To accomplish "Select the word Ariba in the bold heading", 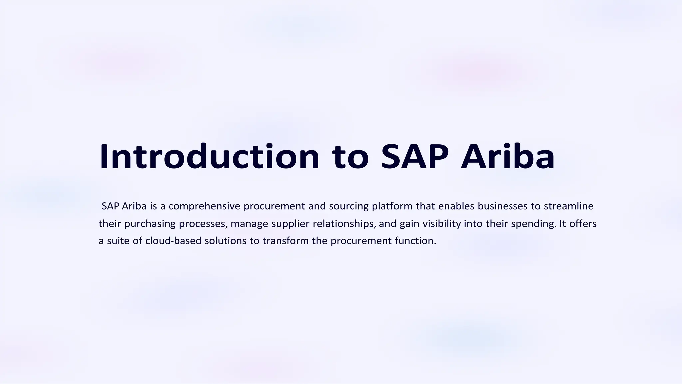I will (508, 156).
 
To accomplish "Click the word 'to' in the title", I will (350, 156).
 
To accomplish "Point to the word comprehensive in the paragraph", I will (204, 206).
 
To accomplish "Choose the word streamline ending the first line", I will (569, 206).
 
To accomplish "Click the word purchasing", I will (150, 224).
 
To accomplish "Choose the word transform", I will (285, 241).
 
